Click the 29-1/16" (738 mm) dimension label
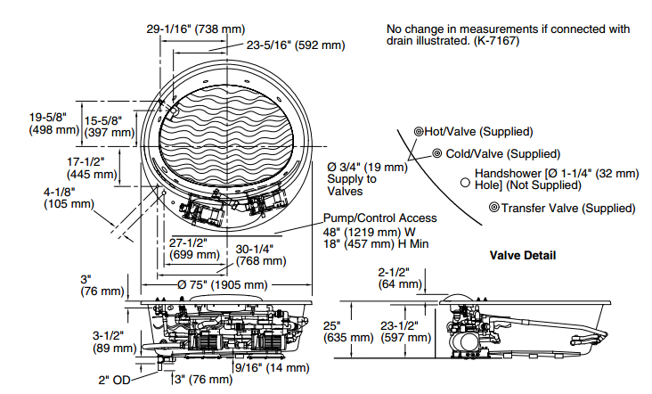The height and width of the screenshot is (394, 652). pyautogui.click(x=196, y=29)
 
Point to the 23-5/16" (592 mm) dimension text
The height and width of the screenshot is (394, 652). pyautogui.click(x=296, y=45)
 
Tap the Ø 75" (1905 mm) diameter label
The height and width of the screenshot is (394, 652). pyautogui.click(x=223, y=285)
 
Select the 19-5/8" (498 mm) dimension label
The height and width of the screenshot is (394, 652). pyautogui.click(x=54, y=124)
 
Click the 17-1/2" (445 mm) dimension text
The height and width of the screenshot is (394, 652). pyautogui.click(x=92, y=168)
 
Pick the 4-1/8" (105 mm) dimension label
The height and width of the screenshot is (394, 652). pyautogui.click(x=69, y=198)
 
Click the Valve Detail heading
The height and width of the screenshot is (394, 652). pyautogui.click(x=523, y=255)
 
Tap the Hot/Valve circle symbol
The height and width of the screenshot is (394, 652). pyautogui.click(x=419, y=132)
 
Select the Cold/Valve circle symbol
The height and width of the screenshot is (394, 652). pyautogui.click(x=436, y=153)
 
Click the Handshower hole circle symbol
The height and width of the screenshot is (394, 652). pyautogui.click(x=465, y=183)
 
